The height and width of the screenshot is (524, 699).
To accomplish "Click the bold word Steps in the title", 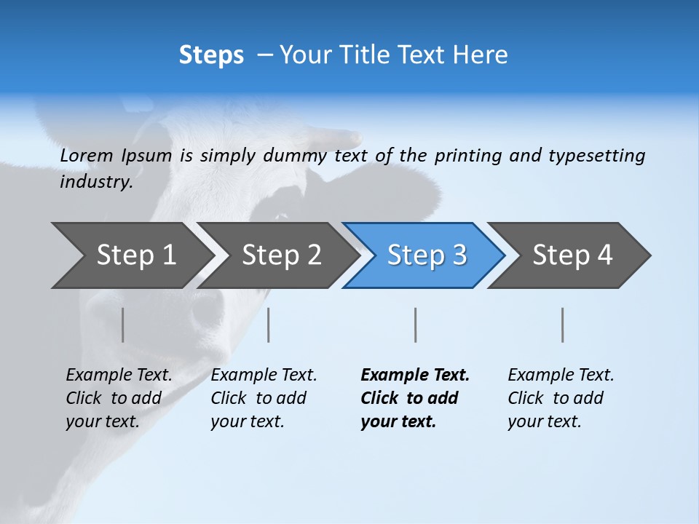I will (x=211, y=55).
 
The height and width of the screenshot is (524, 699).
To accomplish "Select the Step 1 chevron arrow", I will (x=131, y=255).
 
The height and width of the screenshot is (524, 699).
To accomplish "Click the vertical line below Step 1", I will (x=123, y=325).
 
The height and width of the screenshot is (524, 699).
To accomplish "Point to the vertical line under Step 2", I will (x=269, y=325).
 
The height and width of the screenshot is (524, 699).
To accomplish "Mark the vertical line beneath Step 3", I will (x=416, y=325).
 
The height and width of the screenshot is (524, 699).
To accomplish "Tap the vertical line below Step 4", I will (x=563, y=325).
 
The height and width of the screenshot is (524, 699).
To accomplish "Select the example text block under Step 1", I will (x=119, y=397).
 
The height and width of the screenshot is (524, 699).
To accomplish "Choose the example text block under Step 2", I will (x=264, y=397).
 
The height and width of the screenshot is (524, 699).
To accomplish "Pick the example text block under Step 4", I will (x=561, y=397).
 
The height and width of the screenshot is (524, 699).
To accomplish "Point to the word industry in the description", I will (x=95, y=182).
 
